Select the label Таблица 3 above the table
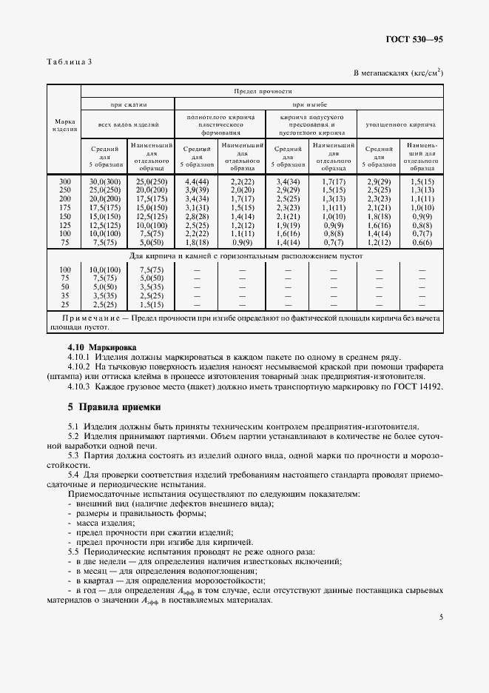click(x=69, y=61)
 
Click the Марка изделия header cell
click(x=64, y=124)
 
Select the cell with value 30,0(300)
click(x=104, y=181)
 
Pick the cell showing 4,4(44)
click(x=197, y=181)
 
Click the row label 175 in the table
click(x=65, y=207)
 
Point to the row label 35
click(x=65, y=295)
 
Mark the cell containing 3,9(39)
click(x=197, y=190)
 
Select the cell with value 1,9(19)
click(x=288, y=225)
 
